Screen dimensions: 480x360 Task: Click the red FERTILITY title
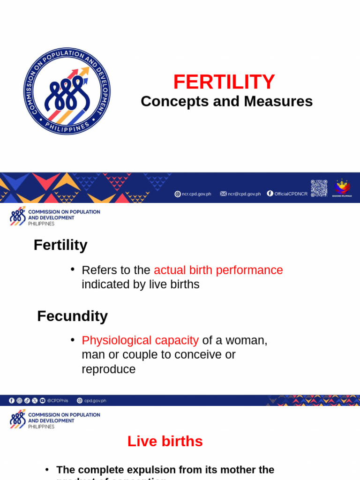(x=224, y=82)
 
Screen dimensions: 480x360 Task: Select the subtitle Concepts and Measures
(x=226, y=101)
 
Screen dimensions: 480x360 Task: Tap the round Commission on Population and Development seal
(x=67, y=91)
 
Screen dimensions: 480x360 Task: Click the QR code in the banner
(x=319, y=188)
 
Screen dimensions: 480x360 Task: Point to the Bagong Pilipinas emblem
(x=342, y=187)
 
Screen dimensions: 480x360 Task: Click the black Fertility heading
(x=60, y=245)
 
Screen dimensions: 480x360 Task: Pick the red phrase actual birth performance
(x=218, y=270)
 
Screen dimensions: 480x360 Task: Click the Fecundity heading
(x=72, y=316)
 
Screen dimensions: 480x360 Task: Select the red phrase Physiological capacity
(x=140, y=340)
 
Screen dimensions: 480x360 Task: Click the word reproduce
(x=108, y=369)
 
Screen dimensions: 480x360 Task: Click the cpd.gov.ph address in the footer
(x=95, y=401)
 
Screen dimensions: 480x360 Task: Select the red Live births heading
(x=165, y=441)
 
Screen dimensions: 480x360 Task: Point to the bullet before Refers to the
(x=73, y=269)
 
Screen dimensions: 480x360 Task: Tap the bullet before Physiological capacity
(x=73, y=339)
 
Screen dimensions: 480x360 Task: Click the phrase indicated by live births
(x=141, y=284)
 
